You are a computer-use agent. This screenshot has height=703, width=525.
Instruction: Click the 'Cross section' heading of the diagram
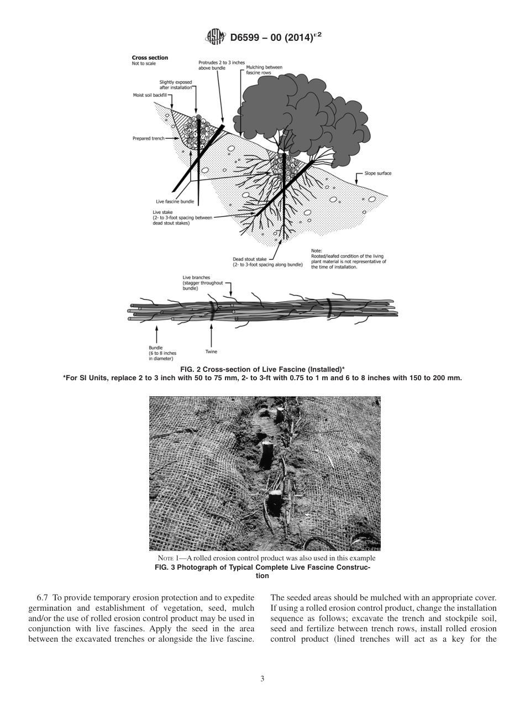click(x=149, y=57)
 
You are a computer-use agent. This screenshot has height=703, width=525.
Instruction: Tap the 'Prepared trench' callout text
click(x=148, y=138)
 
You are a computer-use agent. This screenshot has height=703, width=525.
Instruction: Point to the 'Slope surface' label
click(x=377, y=173)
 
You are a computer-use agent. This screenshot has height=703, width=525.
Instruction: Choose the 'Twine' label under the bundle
click(x=211, y=351)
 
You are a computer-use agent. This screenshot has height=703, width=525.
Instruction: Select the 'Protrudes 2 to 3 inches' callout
click(x=221, y=65)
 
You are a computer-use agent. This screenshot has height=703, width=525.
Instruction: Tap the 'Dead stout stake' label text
click(x=249, y=259)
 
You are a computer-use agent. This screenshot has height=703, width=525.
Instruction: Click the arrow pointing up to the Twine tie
click(x=211, y=334)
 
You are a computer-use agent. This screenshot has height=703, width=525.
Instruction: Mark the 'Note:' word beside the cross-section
click(x=317, y=250)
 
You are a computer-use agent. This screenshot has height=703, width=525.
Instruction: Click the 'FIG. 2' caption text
click(x=191, y=369)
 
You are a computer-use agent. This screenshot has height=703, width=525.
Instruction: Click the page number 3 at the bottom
click(x=262, y=679)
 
